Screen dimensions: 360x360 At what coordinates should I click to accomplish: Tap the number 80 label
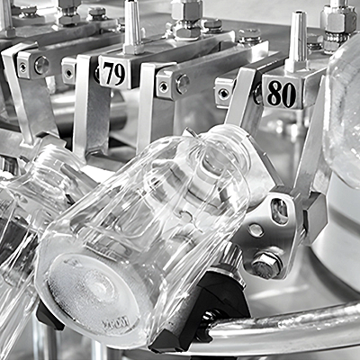pyautogui.click(x=282, y=94)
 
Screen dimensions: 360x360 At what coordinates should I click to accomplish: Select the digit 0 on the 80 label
pyautogui.click(x=289, y=94)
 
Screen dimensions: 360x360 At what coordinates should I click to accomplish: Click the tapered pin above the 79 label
pyautogui.click(x=131, y=26)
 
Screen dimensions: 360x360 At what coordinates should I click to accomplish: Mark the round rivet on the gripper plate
pyautogui.click(x=256, y=230)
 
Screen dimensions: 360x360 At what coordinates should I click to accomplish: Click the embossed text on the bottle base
pyautogui.click(x=115, y=322)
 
